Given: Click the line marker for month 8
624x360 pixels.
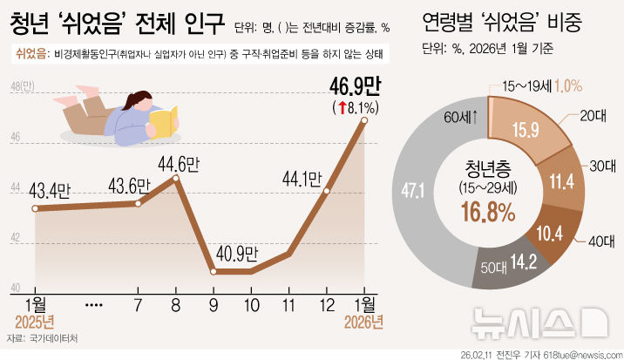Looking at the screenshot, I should (176, 179).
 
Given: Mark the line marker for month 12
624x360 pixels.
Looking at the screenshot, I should (327, 191).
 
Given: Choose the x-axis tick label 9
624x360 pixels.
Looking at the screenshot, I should (214, 306).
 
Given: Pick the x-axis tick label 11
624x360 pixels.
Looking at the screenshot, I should (289, 306).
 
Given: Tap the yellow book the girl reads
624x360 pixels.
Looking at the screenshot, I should (164, 119).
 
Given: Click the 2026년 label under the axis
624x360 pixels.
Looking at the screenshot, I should (364, 323).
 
